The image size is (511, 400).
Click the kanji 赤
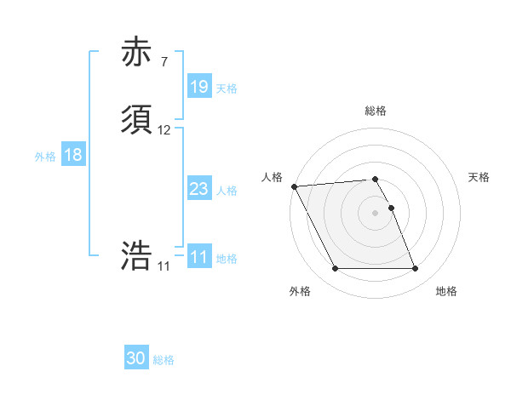[x=137, y=52]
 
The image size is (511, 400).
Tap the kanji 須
[x=137, y=120]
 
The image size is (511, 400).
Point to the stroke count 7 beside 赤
[x=164, y=62]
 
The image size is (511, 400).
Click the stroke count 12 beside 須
[x=164, y=130]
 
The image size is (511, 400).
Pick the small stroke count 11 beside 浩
[x=164, y=266]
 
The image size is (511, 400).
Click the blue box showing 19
[x=198, y=86]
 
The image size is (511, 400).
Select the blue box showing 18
[x=72, y=156]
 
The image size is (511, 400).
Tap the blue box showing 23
[x=198, y=189]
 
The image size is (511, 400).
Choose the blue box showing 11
[x=198, y=257]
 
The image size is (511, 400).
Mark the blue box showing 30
[x=136, y=358]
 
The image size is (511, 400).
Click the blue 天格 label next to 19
[x=227, y=88]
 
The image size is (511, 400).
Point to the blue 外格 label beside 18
[x=45, y=157]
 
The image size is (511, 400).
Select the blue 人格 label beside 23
[x=227, y=191]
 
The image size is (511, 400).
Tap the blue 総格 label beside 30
[x=164, y=360]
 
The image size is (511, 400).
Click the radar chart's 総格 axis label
[x=376, y=111]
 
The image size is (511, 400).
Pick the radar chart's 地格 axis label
[x=446, y=292]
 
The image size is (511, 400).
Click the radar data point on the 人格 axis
[x=294, y=186]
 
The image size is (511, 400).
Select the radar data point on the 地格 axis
[x=415, y=269]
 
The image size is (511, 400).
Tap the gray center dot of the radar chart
[x=376, y=213]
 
